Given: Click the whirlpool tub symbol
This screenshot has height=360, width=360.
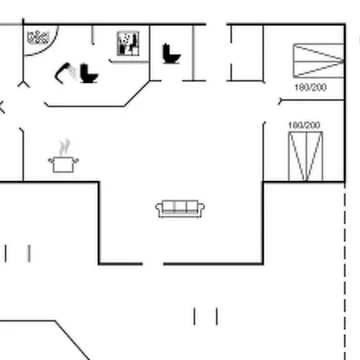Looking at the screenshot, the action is [x=38, y=38].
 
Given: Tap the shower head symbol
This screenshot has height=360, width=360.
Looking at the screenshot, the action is [x=65, y=73].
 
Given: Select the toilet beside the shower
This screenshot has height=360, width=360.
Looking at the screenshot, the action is [x=89, y=74].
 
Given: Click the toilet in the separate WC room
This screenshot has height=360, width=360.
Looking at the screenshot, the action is [x=171, y=54].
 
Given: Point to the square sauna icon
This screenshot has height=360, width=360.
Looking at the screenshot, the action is [x=128, y=43].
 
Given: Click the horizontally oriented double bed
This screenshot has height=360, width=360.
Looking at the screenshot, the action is [x=318, y=61].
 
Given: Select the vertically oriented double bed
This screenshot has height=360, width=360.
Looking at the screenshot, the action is [x=306, y=156].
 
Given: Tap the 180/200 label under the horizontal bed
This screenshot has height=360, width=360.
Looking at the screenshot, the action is [x=310, y=87].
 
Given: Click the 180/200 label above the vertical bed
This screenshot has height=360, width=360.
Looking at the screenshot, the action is [x=304, y=125].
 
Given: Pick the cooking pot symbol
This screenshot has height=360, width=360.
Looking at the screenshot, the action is [x=63, y=165].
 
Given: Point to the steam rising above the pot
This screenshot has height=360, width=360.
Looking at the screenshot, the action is [x=65, y=147].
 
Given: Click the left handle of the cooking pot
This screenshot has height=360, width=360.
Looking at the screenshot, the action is [x=50, y=161].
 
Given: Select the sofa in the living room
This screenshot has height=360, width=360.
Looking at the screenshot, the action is [x=180, y=209].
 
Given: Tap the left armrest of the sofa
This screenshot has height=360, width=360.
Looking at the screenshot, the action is [x=159, y=208].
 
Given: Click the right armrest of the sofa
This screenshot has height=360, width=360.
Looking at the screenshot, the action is [x=202, y=208].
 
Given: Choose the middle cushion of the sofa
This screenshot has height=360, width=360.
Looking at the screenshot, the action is [x=180, y=206].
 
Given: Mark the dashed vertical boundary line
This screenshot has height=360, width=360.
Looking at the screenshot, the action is [x=345, y=271].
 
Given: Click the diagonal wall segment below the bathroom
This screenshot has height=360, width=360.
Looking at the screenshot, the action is [x=137, y=94].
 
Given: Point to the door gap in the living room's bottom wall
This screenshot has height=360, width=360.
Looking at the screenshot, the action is [x=153, y=264].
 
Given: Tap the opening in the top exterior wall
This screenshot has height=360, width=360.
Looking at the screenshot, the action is [x=216, y=25].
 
